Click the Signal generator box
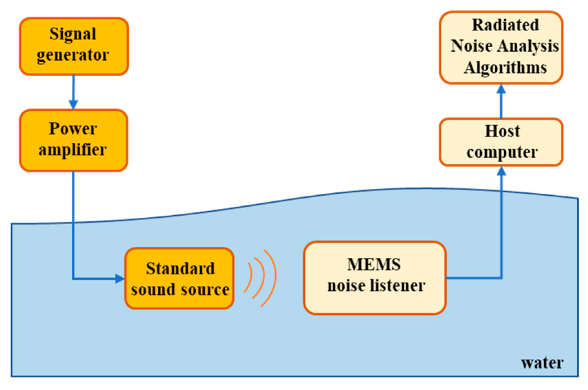[74, 46]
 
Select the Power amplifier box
[73, 140]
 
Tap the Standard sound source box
[179, 278]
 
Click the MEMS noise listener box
[375, 278]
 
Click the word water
[542, 363]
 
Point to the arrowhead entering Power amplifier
[73, 104]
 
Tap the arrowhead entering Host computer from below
[501, 171]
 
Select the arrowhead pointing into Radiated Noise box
[501, 89]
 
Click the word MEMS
[374, 265]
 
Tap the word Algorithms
[505, 68]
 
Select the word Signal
[73, 34]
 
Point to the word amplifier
[72, 150]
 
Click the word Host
[502, 131]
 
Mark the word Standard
[180, 268]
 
